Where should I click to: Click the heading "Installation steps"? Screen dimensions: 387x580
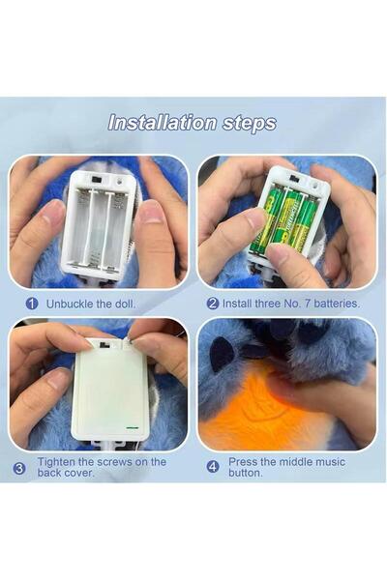(193, 123)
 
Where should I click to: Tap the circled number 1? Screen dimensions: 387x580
(32, 304)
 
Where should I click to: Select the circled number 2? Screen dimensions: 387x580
(213, 304)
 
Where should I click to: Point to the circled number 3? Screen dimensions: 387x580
(19, 468)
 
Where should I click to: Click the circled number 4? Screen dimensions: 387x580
(213, 467)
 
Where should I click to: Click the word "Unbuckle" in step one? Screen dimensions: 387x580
(70, 304)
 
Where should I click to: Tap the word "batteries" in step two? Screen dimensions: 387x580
(337, 304)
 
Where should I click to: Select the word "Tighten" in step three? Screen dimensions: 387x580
(55, 462)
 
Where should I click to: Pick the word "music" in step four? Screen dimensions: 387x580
(329, 462)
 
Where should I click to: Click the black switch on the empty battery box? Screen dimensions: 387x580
(98, 180)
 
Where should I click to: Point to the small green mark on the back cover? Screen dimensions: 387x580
(132, 428)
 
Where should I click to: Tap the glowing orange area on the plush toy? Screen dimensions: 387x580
(259, 411)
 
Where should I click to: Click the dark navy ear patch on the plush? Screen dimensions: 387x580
(222, 353)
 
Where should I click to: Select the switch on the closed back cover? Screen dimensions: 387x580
(104, 345)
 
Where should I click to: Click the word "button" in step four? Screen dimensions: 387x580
(245, 473)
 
